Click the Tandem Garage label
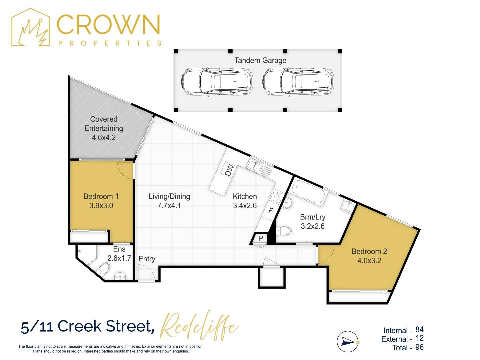260,60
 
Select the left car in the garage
217,82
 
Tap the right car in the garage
298,82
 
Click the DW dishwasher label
229,170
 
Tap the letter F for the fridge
271,210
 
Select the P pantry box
261,238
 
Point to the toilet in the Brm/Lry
284,231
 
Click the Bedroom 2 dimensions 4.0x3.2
369,261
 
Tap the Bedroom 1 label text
101,196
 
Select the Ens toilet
103,269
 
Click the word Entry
147,259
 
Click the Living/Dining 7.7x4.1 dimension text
169,206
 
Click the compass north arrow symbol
348,342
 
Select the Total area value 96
419,347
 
